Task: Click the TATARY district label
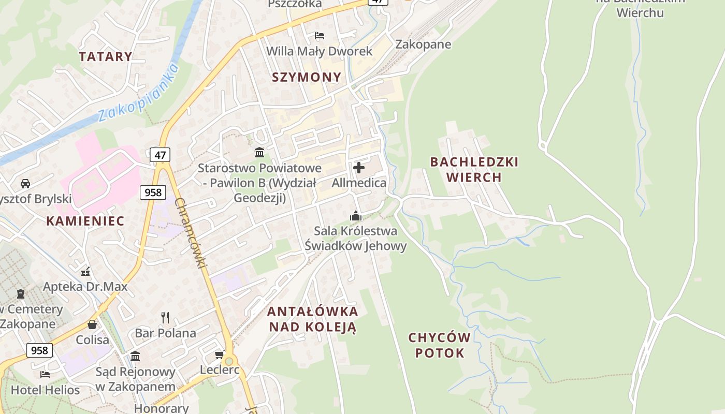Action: pos(106,56)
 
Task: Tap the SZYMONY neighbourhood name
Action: pos(307,77)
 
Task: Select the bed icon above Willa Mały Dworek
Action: pos(320,36)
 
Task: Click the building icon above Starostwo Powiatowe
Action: pos(259,152)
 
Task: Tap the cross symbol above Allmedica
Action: pos(358,168)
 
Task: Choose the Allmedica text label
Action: pos(359,183)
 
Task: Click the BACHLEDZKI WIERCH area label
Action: pos(474,169)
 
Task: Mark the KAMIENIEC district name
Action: pos(85,221)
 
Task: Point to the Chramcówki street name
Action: pos(191,233)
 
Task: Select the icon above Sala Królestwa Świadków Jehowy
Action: pos(356,216)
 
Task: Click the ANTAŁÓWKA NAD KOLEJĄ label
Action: pos(312,319)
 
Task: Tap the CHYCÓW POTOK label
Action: pos(440,345)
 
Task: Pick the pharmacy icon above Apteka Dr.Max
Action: pos(86,271)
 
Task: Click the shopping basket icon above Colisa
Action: pos(92,324)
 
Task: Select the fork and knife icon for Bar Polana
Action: pos(165,317)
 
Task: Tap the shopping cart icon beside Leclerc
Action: pos(220,354)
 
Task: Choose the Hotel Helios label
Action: pos(46,390)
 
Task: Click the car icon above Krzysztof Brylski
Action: pos(25,184)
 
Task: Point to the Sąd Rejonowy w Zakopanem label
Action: pos(135,379)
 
